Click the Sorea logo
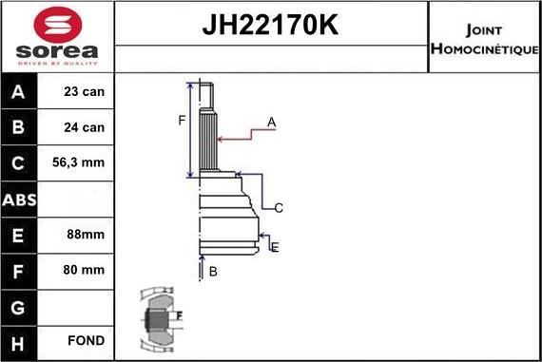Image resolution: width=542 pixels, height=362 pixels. [x=56, y=37]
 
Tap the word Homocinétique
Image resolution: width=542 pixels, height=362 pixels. [x=484, y=48]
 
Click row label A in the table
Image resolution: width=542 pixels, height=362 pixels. [x=20, y=92]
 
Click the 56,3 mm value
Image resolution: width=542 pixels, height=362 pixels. [x=79, y=163]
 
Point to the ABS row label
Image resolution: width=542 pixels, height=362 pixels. [x=20, y=200]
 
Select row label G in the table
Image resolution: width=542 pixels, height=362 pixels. [x=20, y=306]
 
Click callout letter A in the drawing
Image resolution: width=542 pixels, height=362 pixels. [x=272, y=122]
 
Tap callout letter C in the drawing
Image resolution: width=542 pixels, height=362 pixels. [x=279, y=207]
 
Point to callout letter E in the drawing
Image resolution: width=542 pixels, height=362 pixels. [x=275, y=247]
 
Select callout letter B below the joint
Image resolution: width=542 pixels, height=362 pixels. [x=213, y=272]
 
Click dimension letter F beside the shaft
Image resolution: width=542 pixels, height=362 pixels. [x=181, y=120]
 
